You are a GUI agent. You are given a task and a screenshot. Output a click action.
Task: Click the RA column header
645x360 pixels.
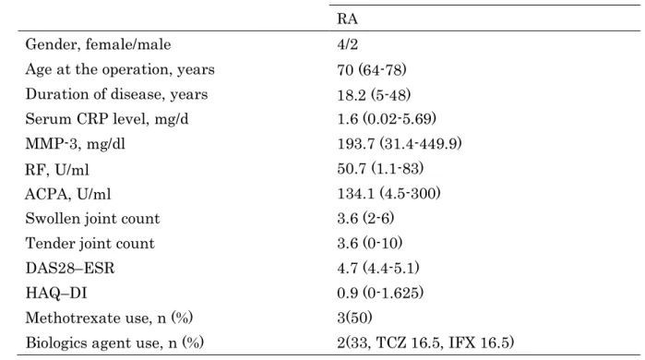347,19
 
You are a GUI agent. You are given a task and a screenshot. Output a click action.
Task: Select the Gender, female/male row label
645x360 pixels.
98,44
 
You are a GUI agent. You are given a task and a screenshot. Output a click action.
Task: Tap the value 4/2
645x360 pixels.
348,44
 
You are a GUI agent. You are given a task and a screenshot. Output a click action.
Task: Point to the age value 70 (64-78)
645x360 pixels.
372,69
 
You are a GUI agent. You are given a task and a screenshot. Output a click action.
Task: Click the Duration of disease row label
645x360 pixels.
116,94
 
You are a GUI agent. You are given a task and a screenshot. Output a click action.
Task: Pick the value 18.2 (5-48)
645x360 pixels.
374,95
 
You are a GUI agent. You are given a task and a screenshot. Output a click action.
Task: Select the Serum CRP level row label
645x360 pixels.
107,119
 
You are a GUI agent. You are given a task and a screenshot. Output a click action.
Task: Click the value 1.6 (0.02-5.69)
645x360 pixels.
387,119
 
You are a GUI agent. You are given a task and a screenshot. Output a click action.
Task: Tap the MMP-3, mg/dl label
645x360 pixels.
76,144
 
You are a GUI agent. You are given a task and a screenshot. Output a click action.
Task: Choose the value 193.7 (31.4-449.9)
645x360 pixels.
400,144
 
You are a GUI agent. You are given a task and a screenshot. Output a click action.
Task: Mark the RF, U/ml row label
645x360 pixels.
57,169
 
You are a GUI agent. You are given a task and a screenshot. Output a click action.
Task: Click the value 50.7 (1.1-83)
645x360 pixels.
380,168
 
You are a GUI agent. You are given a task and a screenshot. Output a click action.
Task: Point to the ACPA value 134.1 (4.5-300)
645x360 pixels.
388,193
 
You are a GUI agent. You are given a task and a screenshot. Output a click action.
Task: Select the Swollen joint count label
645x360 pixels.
92,218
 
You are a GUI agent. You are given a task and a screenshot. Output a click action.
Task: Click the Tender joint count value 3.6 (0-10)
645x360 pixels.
370,243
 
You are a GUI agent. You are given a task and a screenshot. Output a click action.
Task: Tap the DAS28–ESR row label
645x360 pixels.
70,268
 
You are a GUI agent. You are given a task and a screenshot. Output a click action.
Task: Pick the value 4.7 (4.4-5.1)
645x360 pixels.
378,268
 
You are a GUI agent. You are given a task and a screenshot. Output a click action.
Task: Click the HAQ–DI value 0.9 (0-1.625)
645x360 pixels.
380,293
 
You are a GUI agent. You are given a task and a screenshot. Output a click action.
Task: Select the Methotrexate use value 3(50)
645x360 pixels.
354,318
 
